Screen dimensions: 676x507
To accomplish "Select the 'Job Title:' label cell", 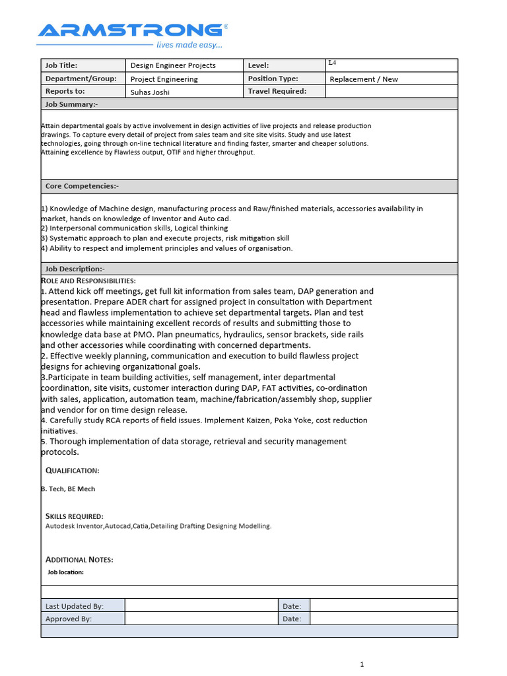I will (61, 65).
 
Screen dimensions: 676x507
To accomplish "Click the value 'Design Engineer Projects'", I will (173, 65).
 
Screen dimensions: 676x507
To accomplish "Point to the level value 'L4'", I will (332, 63).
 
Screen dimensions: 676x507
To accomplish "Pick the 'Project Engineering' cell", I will (164, 79).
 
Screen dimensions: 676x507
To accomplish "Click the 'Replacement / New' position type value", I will (364, 79).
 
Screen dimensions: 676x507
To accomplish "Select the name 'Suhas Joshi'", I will (150, 92).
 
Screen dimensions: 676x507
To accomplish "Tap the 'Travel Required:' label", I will (277, 91).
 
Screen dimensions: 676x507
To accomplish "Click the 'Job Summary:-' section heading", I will (71, 104).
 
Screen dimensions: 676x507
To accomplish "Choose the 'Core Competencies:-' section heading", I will (82, 186).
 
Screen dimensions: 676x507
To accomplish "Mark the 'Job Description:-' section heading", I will (75, 269).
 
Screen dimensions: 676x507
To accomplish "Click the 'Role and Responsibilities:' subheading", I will (88, 281).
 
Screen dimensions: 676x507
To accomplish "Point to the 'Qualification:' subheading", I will (72, 471).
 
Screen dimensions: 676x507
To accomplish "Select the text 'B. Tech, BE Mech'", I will (68, 489).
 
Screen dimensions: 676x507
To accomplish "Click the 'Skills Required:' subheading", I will (74, 516).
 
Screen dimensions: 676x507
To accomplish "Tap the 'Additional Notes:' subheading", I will (79, 560).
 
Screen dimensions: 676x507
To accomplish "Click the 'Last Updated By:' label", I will (74, 606).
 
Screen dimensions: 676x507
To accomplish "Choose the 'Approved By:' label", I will (68, 619).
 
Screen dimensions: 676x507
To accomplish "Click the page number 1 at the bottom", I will (362, 664).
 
